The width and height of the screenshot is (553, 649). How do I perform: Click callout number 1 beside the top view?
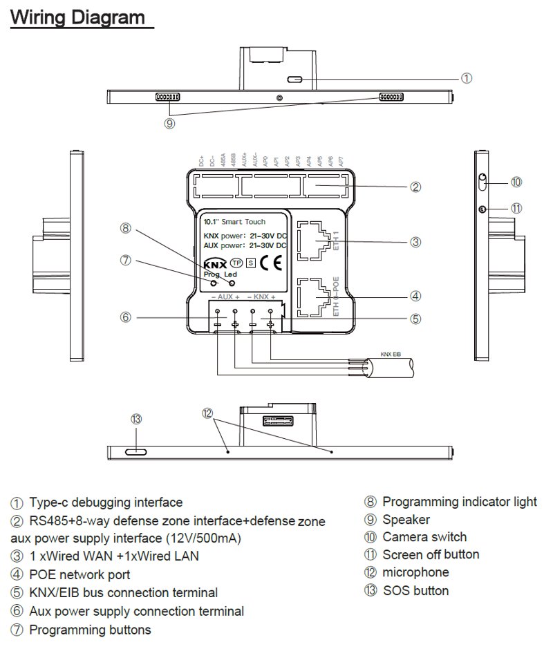(467, 79)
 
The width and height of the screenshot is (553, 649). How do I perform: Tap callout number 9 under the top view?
(169, 124)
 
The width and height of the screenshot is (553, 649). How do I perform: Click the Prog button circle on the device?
(215, 283)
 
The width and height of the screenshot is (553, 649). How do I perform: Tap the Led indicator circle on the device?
(232, 283)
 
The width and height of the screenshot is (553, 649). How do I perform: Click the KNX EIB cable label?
(391, 354)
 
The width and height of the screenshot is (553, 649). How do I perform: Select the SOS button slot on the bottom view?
(136, 451)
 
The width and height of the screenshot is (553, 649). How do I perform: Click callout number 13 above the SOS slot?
(136, 419)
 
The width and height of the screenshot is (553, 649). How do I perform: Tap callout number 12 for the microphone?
(207, 413)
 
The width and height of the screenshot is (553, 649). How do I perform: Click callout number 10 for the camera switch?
(516, 182)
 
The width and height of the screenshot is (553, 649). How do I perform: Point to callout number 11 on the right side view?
(516, 208)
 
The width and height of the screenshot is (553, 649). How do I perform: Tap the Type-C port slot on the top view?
(295, 79)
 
